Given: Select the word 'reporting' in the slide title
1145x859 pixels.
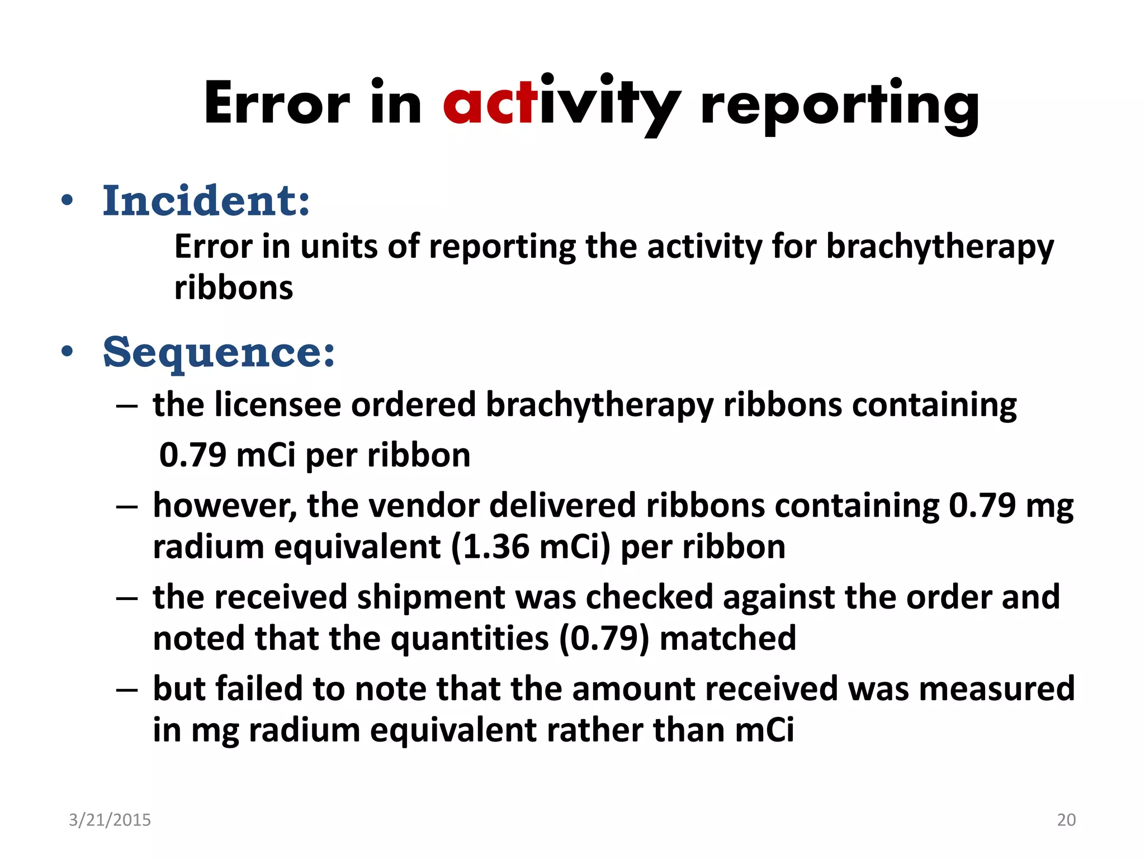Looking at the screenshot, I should (x=839, y=106).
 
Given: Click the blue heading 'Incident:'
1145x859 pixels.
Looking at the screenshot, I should (x=206, y=201).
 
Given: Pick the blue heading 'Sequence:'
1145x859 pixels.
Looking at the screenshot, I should (x=219, y=352).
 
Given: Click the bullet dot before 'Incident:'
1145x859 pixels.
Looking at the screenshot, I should (x=67, y=201).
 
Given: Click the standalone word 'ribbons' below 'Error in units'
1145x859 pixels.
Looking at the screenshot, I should (x=234, y=288).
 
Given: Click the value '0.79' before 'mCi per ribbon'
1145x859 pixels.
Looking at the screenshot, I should (x=193, y=455).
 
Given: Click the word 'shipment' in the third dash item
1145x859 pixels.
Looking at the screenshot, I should (x=430, y=597).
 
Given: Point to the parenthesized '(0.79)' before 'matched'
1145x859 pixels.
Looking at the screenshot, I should (x=604, y=638).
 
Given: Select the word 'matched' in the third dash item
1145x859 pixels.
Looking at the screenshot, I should (x=727, y=638).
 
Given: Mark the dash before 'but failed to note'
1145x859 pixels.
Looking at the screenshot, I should (x=127, y=690).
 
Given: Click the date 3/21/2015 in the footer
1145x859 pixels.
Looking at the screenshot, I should (x=110, y=820).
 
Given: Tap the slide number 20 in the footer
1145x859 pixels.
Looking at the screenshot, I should (x=1066, y=820).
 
